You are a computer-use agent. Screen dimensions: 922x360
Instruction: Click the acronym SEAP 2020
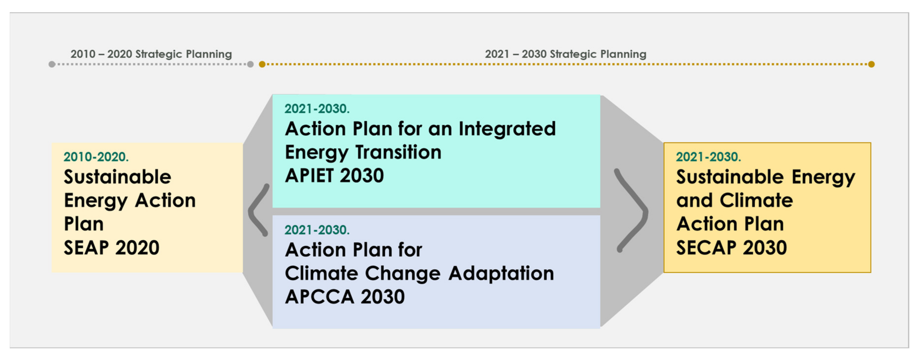pos(111,248)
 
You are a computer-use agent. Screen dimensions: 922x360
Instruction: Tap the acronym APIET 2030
pos(334,176)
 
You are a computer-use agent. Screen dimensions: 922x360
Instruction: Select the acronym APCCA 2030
pos(345,297)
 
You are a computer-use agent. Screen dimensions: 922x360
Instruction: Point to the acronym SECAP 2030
pos(731,248)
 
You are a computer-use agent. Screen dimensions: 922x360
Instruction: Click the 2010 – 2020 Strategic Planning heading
pos(151,54)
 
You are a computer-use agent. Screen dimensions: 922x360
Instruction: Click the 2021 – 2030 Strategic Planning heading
pos(565,54)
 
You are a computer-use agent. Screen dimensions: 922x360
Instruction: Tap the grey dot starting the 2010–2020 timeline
pos(52,64)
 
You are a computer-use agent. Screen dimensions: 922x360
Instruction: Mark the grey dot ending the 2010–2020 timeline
pos(251,64)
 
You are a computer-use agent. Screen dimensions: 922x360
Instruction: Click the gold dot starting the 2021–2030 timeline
pos(262,64)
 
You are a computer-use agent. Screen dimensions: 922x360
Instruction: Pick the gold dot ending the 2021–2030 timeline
pos(871,64)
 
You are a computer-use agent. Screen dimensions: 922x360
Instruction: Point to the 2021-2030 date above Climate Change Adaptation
pos(317,230)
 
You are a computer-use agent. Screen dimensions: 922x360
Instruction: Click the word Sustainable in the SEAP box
pos(117,177)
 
